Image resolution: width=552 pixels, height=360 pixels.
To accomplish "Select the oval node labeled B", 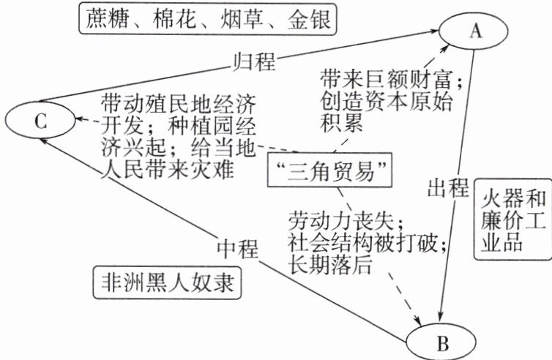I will click(441, 342).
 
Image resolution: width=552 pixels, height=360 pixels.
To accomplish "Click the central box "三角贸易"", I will click(330, 173).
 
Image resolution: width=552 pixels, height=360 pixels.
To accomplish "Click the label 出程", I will click(447, 189).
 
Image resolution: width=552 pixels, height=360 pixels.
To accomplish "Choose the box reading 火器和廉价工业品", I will click(510, 218).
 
